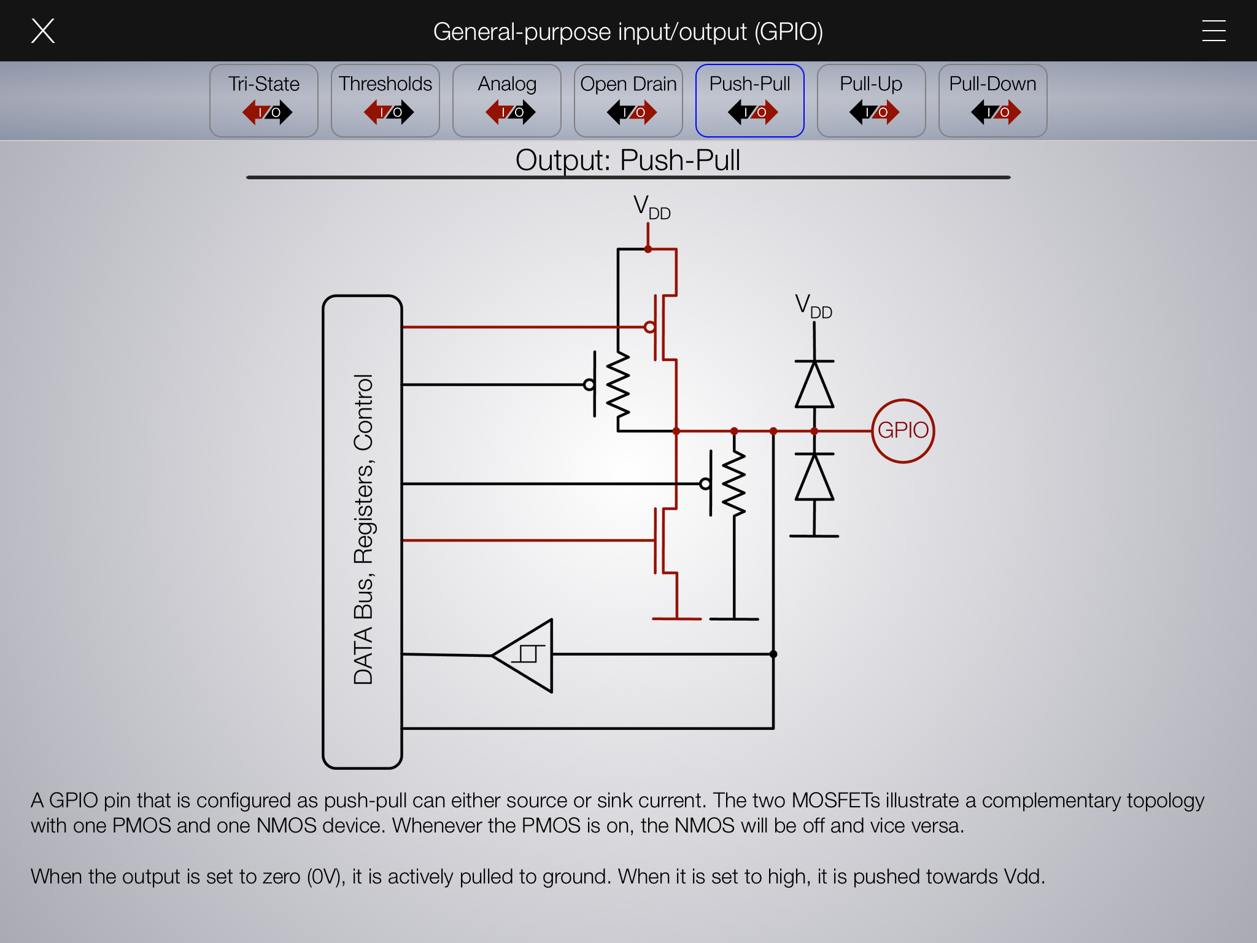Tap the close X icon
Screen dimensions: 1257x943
(x=43, y=31)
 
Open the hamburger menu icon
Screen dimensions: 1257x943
(x=1213, y=31)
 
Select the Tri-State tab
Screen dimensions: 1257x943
(x=264, y=101)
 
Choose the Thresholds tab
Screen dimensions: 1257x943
(x=385, y=101)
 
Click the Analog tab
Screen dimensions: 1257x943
(x=507, y=101)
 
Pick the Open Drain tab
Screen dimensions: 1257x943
(x=628, y=101)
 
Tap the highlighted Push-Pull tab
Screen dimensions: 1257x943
(x=750, y=101)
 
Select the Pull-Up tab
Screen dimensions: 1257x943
(x=872, y=101)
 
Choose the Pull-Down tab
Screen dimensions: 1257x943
(x=993, y=101)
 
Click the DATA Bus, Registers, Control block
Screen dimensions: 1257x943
(x=363, y=532)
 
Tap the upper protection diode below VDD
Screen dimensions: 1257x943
(x=814, y=384)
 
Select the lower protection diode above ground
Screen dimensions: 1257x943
(x=814, y=477)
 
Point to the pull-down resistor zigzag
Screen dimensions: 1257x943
(x=734, y=483)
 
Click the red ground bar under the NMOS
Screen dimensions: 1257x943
(x=676, y=619)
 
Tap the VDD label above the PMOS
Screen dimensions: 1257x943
(x=652, y=208)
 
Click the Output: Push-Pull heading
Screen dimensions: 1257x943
(x=628, y=160)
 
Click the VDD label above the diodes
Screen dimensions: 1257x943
(x=813, y=306)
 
